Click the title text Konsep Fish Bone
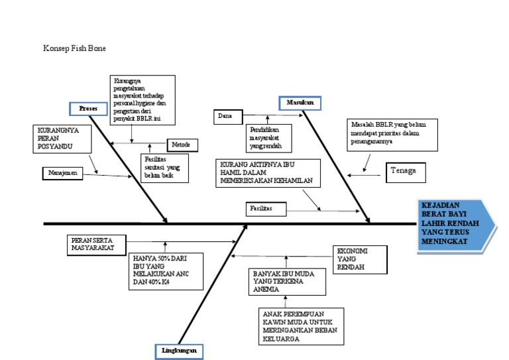tap(74, 48)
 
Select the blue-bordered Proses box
tap(88, 108)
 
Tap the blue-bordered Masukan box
tap(300, 103)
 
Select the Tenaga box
tap(404, 172)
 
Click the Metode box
tap(181, 145)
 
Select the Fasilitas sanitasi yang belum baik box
tap(164, 168)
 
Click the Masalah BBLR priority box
tap(382, 134)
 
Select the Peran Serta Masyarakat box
tap(91, 244)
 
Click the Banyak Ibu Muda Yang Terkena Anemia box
tap(287, 282)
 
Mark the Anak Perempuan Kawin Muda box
tap(302, 326)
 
